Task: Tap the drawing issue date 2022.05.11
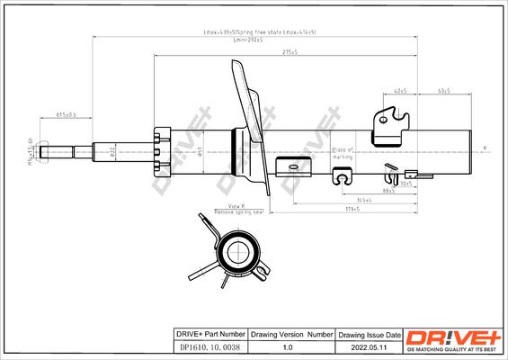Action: (357, 347)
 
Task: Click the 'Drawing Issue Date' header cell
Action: (357, 333)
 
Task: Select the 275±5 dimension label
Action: (290, 53)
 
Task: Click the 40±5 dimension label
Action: (400, 91)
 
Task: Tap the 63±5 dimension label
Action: (443, 91)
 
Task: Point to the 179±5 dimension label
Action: (352, 208)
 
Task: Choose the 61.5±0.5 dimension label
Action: (67, 114)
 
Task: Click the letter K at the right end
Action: (485, 147)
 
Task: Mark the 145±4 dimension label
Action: (364, 199)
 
